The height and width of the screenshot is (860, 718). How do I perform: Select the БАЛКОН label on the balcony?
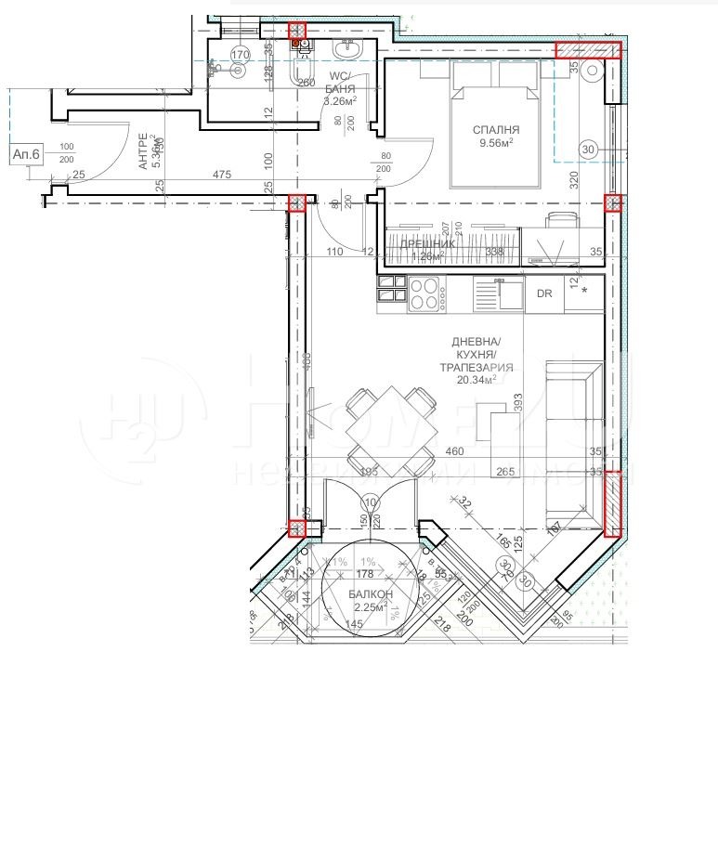pyautogui.click(x=371, y=594)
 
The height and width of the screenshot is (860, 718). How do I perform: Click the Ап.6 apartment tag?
pyautogui.click(x=25, y=155)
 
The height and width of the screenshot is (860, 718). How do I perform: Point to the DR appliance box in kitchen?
pyautogui.click(x=544, y=293)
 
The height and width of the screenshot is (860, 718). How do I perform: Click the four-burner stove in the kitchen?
pyautogui.click(x=425, y=293)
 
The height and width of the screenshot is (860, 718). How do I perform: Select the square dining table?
pyautogui.click(x=391, y=429)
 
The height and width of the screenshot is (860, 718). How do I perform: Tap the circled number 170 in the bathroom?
pyautogui.click(x=240, y=55)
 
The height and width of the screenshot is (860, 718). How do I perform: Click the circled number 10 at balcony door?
pyautogui.click(x=372, y=503)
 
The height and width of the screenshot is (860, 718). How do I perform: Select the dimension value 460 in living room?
pyautogui.click(x=455, y=452)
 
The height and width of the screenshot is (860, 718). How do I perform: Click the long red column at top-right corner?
pyautogui.click(x=586, y=50)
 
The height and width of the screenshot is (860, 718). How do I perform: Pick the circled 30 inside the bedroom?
pyautogui.click(x=587, y=149)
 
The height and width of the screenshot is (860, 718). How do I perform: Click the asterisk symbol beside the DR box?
pyautogui.click(x=585, y=292)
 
